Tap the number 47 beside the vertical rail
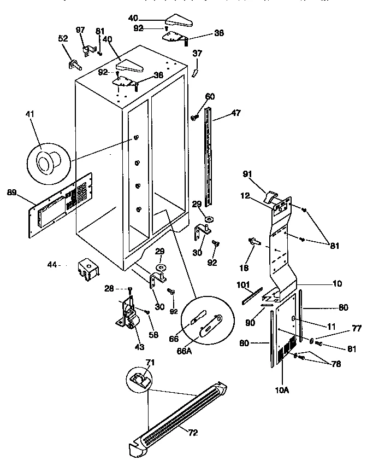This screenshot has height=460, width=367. (x=235, y=113)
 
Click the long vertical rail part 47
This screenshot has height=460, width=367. (x=208, y=153)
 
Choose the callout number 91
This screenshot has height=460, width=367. (x=247, y=174)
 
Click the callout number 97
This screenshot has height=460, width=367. (x=80, y=28)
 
